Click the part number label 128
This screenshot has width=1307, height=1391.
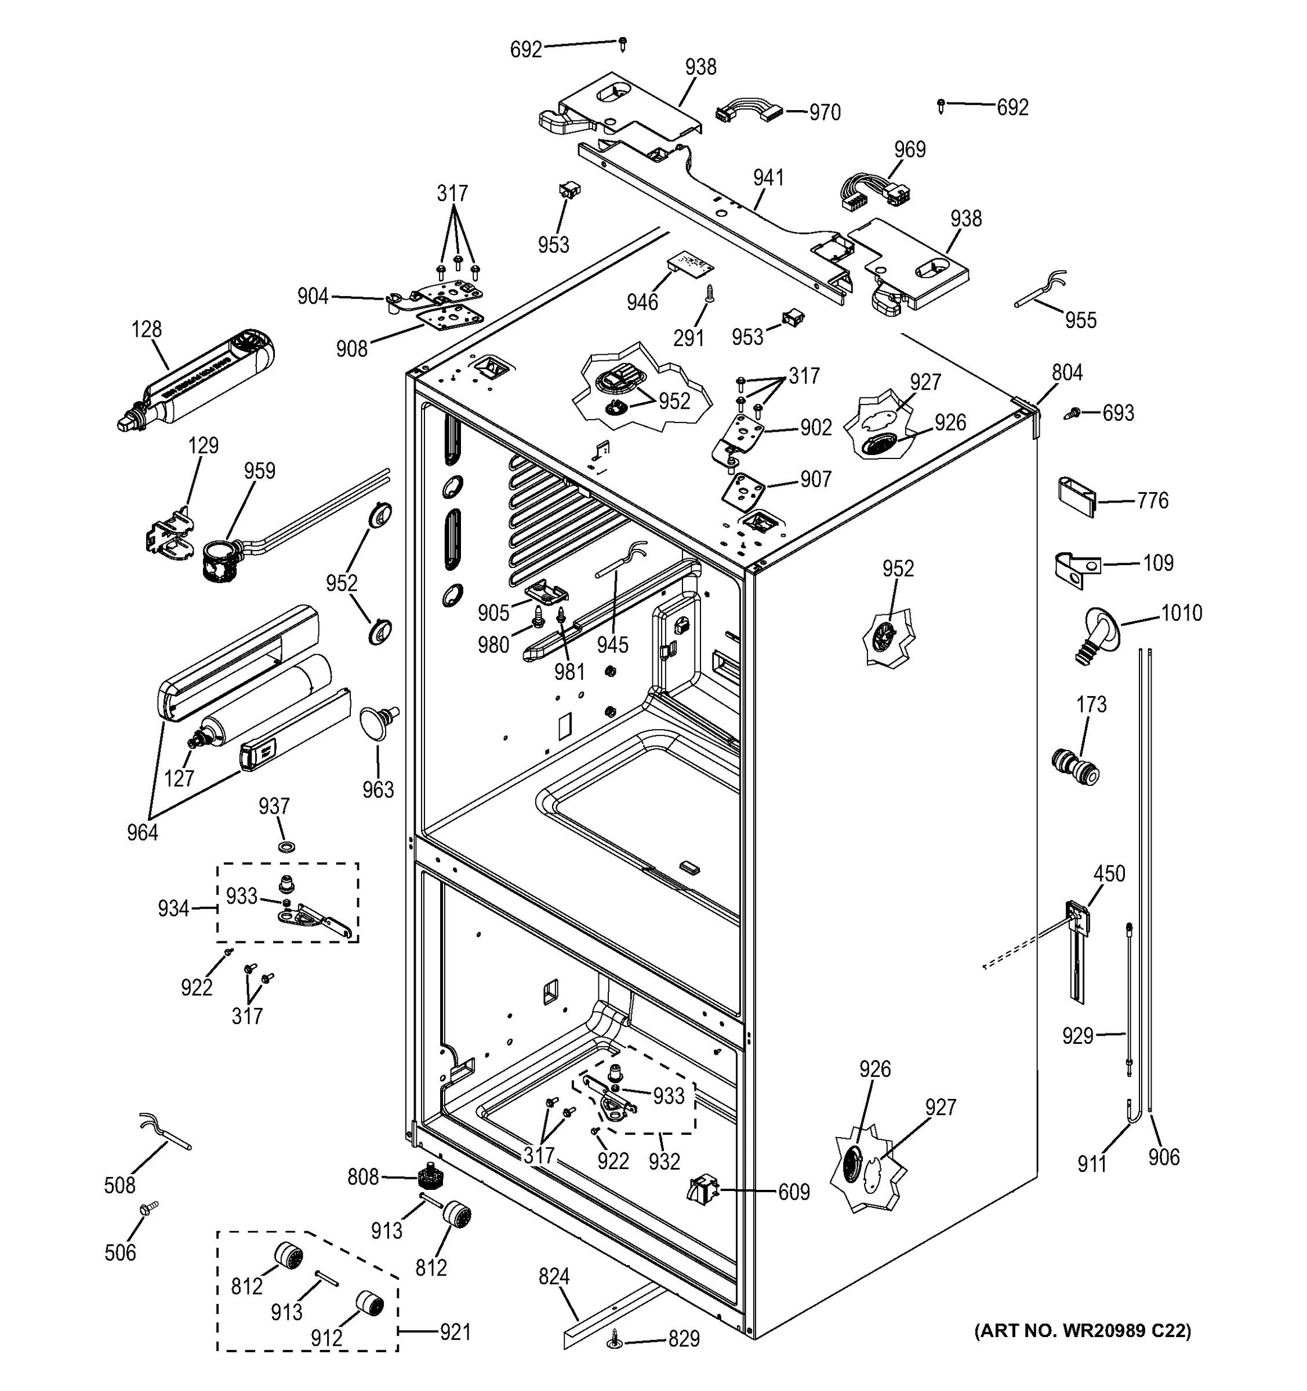(x=146, y=330)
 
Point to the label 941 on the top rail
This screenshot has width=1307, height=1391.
(x=768, y=178)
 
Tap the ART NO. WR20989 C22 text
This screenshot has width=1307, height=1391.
(x=1082, y=1330)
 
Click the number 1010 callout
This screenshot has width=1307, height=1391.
(x=1181, y=613)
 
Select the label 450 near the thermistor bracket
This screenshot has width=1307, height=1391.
(x=1109, y=873)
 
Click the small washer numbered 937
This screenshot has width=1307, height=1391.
(x=286, y=847)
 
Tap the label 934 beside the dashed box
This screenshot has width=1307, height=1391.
(x=173, y=908)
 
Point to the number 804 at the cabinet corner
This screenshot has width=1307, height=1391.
(x=1066, y=373)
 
